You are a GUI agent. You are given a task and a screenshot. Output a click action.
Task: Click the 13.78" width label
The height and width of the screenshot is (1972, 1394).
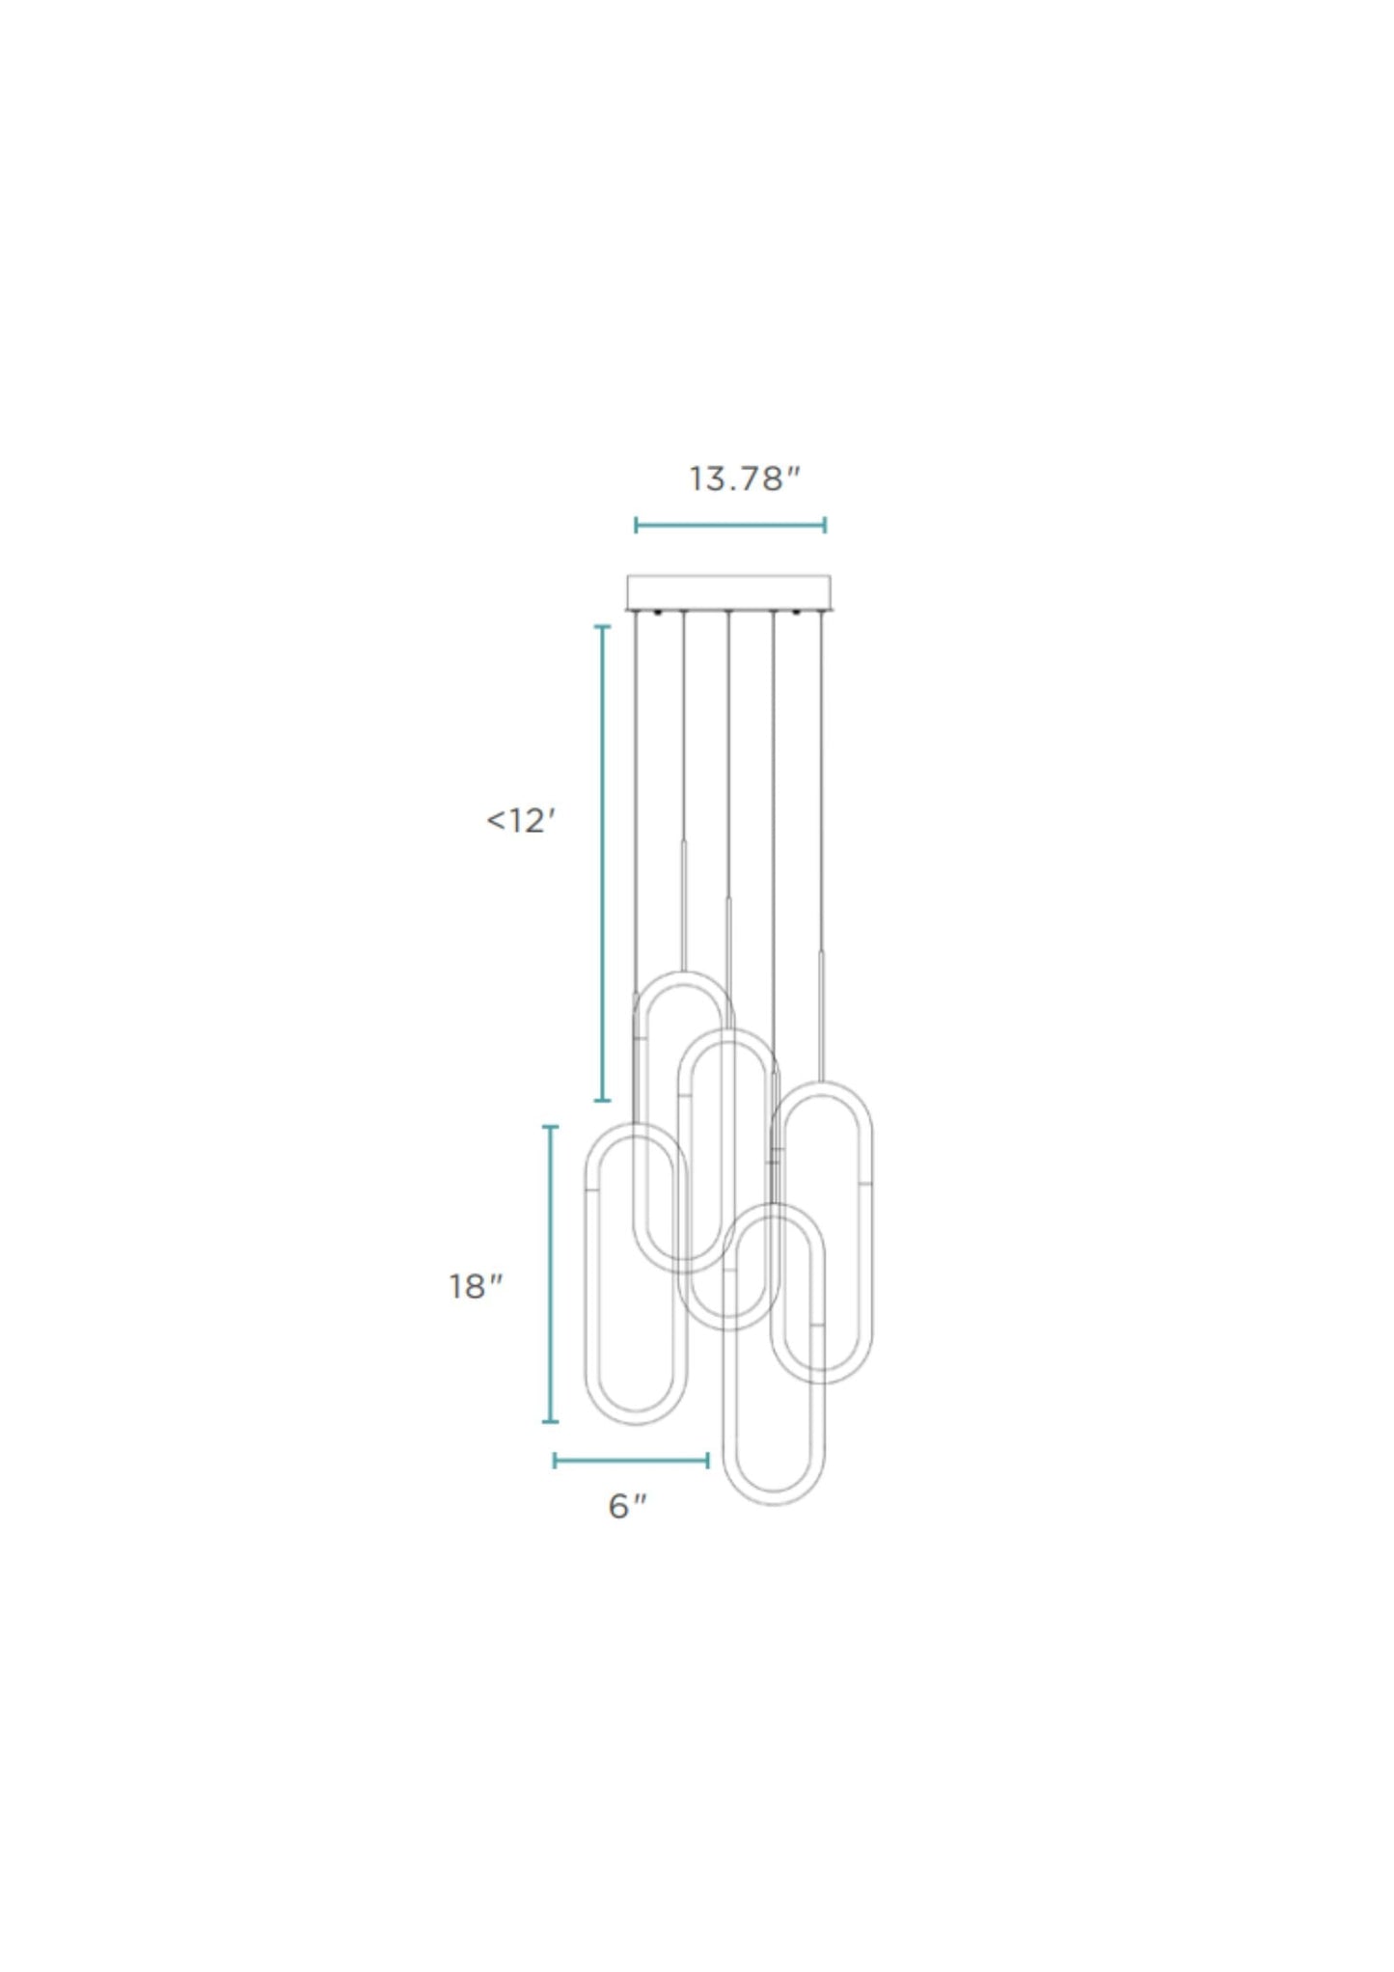(744, 479)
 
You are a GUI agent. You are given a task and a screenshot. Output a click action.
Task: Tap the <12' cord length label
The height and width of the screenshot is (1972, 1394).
(521, 820)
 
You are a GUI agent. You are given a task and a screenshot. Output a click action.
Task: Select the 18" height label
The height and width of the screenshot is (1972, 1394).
(476, 1286)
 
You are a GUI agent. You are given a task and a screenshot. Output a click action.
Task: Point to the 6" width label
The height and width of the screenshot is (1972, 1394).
(627, 1505)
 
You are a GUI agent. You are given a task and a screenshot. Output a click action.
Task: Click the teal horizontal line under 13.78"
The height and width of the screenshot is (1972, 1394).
(730, 526)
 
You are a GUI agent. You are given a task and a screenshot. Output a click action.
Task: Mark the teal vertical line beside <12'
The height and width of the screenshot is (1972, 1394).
(603, 863)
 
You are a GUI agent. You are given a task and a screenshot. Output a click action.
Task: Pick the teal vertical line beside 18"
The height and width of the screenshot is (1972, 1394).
(551, 1274)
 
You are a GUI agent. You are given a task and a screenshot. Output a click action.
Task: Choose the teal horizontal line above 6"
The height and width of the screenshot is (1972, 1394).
(631, 1461)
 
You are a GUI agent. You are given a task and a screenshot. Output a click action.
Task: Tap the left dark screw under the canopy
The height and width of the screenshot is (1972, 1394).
(657, 613)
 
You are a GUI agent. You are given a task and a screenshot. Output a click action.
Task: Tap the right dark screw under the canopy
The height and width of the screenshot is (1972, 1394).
(797, 613)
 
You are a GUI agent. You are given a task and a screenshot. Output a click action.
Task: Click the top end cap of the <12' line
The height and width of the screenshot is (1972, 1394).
(603, 627)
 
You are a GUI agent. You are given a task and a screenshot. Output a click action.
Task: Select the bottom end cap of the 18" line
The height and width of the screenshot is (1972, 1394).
(551, 1421)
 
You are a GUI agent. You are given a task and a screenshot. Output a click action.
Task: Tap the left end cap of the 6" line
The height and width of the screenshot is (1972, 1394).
(555, 1461)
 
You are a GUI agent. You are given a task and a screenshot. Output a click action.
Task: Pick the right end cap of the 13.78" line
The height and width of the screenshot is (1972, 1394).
(825, 526)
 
